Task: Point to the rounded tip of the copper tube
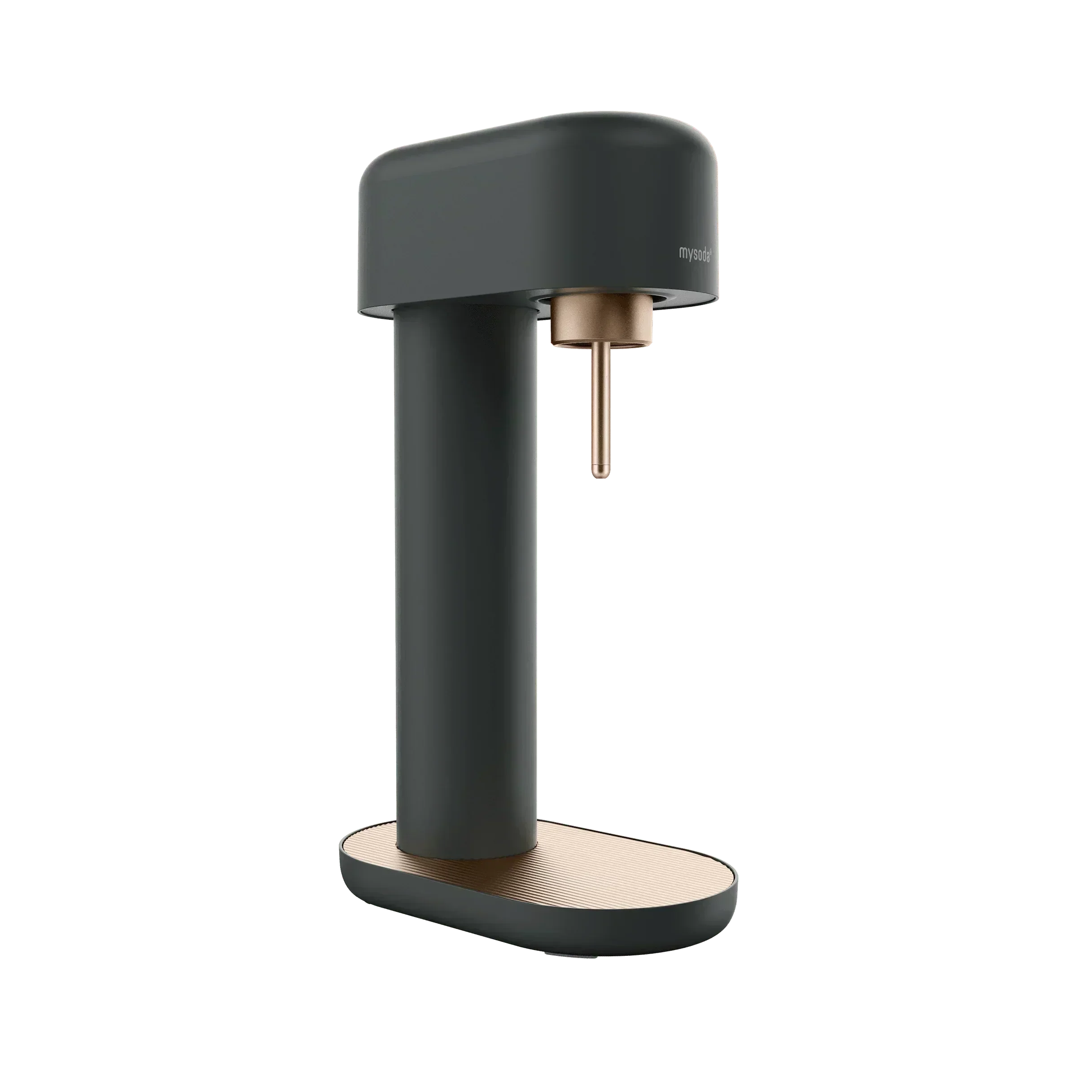pos(599,477)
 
